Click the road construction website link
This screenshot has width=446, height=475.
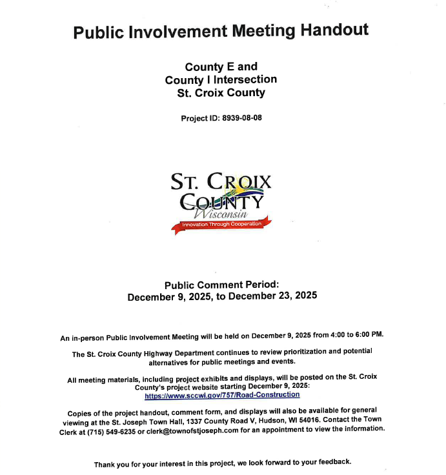point(222,395)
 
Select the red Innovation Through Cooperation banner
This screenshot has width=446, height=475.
point(221,224)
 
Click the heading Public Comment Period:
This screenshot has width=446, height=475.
point(221,285)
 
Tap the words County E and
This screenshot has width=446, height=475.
point(221,66)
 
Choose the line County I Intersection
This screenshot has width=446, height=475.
point(221,79)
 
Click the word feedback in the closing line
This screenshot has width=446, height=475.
point(333,463)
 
